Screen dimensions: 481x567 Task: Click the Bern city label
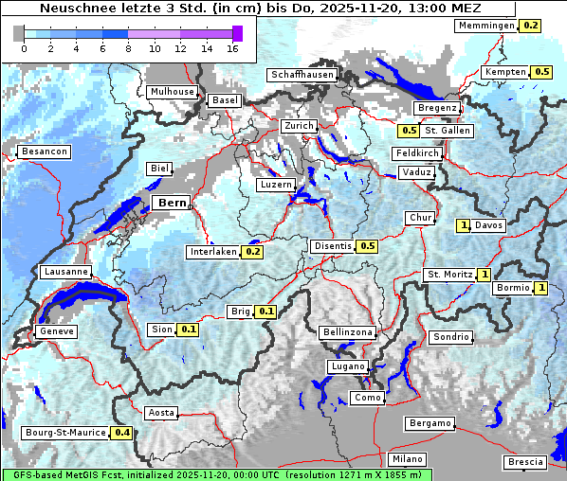[172, 203]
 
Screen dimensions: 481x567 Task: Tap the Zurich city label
[298, 126]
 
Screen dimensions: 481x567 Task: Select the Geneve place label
[55, 331]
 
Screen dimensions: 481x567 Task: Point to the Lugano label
[347, 366]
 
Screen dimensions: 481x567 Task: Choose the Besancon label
[44, 151]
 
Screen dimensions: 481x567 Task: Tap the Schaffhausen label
[302, 75]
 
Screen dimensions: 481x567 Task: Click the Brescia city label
[525, 461]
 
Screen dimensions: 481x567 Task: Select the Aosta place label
[161, 413]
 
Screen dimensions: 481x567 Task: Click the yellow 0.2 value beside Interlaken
[253, 252]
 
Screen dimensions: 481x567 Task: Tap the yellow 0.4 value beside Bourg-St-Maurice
[122, 433]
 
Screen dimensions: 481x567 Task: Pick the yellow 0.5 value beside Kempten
[541, 72]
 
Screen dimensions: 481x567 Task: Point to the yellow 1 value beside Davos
[464, 225]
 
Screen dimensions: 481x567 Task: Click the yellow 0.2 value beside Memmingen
[531, 26]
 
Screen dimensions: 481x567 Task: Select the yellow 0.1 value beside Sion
[188, 330]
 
